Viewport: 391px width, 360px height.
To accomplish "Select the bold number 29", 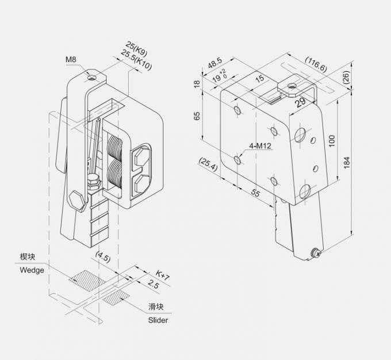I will [x=300, y=102].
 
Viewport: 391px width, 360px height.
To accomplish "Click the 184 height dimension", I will [x=346, y=164].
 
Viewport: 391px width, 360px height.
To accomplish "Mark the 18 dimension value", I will [x=197, y=83].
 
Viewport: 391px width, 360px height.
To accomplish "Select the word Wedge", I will [x=32, y=270].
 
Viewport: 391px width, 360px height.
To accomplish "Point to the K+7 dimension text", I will [x=163, y=277].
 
